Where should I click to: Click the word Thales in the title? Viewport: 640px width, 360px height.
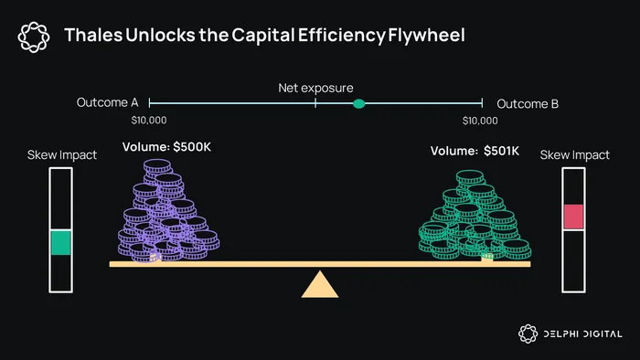point(93,35)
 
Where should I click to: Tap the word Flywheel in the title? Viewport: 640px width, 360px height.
point(426,36)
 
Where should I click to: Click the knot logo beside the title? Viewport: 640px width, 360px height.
point(34,37)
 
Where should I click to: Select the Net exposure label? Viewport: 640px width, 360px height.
point(315,88)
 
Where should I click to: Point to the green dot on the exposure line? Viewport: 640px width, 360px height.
point(358,104)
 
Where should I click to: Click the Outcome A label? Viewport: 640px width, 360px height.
point(107,102)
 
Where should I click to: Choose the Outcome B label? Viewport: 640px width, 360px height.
point(528,104)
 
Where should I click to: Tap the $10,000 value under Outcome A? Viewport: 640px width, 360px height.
point(149,121)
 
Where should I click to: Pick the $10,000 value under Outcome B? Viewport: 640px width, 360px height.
point(480,121)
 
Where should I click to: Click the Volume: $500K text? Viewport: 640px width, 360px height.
point(166,147)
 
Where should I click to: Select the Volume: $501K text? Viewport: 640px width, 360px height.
point(475,151)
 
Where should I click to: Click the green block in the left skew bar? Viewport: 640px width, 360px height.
point(61,242)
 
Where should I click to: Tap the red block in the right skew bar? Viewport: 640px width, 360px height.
point(573,217)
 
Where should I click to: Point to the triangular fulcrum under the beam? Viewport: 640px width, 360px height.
point(320,284)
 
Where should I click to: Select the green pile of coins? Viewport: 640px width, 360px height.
point(475,215)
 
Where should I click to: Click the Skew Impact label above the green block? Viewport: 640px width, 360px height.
point(62,155)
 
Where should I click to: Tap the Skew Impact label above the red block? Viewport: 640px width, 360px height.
point(575,155)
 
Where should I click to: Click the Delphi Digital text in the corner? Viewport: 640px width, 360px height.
point(583,334)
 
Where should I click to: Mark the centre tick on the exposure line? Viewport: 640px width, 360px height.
point(315,103)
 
